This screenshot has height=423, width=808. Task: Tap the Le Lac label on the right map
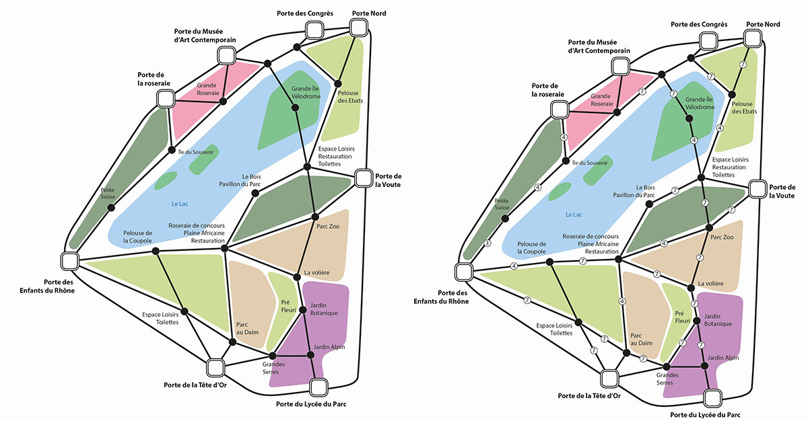(x=573, y=215)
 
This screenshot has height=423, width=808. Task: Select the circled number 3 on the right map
(x=487, y=243)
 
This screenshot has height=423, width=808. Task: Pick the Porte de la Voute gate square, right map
(x=757, y=190)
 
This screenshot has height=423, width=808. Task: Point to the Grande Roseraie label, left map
(x=209, y=89)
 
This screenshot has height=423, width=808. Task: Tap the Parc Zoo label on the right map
(x=721, y=237)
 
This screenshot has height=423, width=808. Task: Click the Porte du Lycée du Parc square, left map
(x=318, y=387)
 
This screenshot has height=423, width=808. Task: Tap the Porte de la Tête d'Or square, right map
(x=610, y=378)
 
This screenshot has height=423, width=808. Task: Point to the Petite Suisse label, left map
(x=108, y=194)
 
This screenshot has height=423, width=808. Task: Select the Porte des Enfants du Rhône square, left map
(x=70, y=260)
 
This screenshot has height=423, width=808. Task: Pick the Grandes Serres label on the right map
(x=668, y=379)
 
